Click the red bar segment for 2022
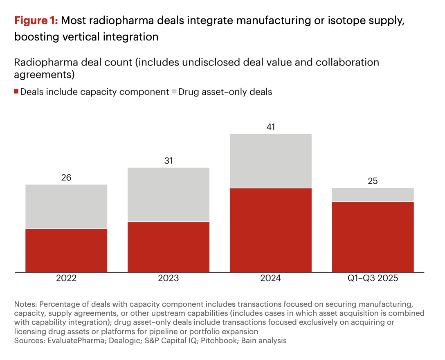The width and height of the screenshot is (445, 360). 66,250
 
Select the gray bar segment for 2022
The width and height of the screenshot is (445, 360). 66,206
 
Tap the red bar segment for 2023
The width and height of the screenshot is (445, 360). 169,247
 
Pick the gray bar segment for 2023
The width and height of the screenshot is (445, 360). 169,194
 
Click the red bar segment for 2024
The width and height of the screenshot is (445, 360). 271,230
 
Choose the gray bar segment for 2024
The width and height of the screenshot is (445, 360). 271,161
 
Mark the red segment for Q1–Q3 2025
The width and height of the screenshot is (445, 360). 373,236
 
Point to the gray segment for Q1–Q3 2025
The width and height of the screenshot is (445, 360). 373,195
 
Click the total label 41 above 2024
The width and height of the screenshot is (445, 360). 271,127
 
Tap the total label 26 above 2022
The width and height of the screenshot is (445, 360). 66,178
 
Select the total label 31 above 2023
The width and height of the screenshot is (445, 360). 169,161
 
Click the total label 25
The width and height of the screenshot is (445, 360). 373,181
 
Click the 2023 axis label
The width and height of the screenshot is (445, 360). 169,279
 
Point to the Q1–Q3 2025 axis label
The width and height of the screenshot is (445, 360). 373,279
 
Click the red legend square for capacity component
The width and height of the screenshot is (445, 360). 16,92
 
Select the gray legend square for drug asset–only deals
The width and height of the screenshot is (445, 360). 174,92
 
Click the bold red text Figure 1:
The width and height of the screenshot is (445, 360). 36,21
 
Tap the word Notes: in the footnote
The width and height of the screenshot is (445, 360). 25,304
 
